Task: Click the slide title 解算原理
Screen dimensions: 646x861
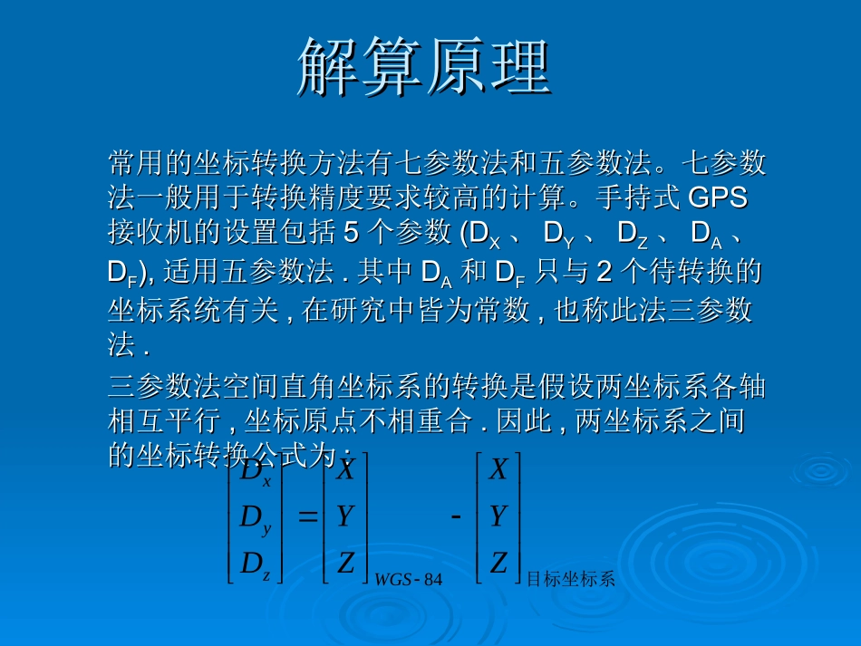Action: pos(424,67)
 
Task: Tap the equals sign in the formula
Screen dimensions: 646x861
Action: pos(307,517)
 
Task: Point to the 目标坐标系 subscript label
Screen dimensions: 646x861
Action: pos(571,580)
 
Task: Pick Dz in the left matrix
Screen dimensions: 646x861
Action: pos(255,565)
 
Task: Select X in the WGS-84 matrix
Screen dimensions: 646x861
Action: pos(345,470)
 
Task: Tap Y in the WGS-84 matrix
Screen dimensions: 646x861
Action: pos(344,516)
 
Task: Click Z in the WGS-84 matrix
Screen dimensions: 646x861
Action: pos(345,564)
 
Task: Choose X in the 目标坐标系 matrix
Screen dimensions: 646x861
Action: pos(498,470)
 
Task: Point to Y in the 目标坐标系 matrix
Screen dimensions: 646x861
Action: pos(498,516)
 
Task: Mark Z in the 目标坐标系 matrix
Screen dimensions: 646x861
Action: pos(498,564)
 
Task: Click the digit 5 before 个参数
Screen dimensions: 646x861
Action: pos(352,233)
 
